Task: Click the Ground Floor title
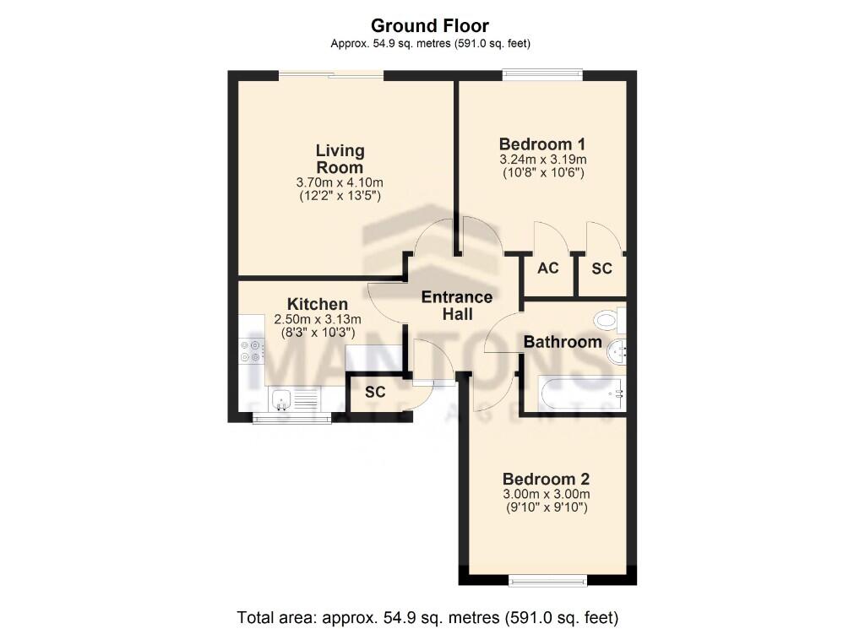pyautogui.click(x=430, y=26)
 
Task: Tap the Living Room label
pyautogui.click(x=340, y=159)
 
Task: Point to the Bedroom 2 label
pyautogui.click(x=545, y=478)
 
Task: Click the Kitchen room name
pyautogui.click(x=317, y=304)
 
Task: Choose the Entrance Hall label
pyautogui.click(x=457, y=305)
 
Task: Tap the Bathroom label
pyautogui.click(x=563, y=342)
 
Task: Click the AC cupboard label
pyautogui.click(x=548, y=268)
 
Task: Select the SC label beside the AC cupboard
pyautogui.click(x=601, y=268)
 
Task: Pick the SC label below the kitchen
pyautogui.click(x=376, y=393)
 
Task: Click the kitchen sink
pyautogui.click(x=280, y=398)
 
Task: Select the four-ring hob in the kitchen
pyautogui.click(x=251, y=350)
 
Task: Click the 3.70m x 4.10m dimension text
pyautogui.click(x=340, y=182)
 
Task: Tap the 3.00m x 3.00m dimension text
pyautogui.click(x=545, y=494)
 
